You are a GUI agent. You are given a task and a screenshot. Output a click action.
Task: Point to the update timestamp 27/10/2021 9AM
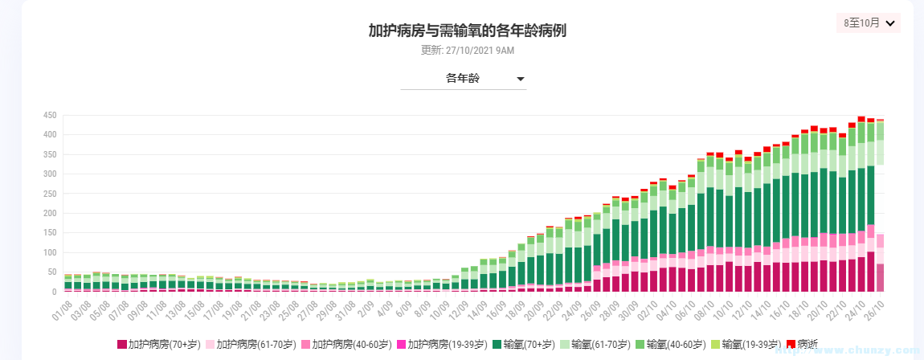pyautogui.click(x=468, y=50)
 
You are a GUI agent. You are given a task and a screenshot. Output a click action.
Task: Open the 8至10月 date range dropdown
pyautogui.click(x=869, y=22)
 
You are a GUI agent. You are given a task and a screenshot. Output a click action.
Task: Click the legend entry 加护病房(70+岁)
pyautogui.click(x=158, y=344)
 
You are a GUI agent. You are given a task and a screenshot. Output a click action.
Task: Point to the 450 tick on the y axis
pyautogui.click(x=48, y=115)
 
